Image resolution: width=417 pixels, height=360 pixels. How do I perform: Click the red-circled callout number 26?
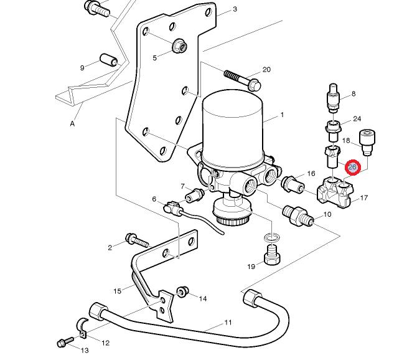point(352,168)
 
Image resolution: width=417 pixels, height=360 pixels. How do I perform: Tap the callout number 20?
point(266,70)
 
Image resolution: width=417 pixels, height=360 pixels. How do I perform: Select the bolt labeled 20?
point(243,80)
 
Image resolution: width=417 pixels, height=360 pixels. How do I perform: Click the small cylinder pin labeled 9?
point(109,60)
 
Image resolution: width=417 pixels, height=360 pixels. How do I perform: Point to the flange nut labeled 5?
point(179,46)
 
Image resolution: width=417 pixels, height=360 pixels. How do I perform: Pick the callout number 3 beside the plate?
point(235,9)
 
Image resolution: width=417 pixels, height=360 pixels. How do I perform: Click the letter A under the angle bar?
point(72,123)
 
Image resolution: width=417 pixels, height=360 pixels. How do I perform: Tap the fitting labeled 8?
point(334,98)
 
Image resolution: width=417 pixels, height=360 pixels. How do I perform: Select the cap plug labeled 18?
point(368,143)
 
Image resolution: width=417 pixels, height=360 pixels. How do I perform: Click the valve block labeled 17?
point(335,193)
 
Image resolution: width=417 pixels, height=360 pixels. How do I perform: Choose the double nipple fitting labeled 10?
point(298,216)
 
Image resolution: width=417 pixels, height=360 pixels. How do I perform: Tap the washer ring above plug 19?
point(272,237)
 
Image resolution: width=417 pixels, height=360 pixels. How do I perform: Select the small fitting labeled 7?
point(195,196)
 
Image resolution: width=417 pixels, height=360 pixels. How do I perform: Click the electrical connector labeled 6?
point(174,208)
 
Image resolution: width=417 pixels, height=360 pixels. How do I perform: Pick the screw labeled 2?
point(137,240)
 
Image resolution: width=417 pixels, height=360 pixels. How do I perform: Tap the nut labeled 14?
point(183,292)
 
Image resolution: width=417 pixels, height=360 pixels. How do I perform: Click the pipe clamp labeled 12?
point(82,328)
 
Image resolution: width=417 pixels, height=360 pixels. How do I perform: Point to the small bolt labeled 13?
point(65,342)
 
